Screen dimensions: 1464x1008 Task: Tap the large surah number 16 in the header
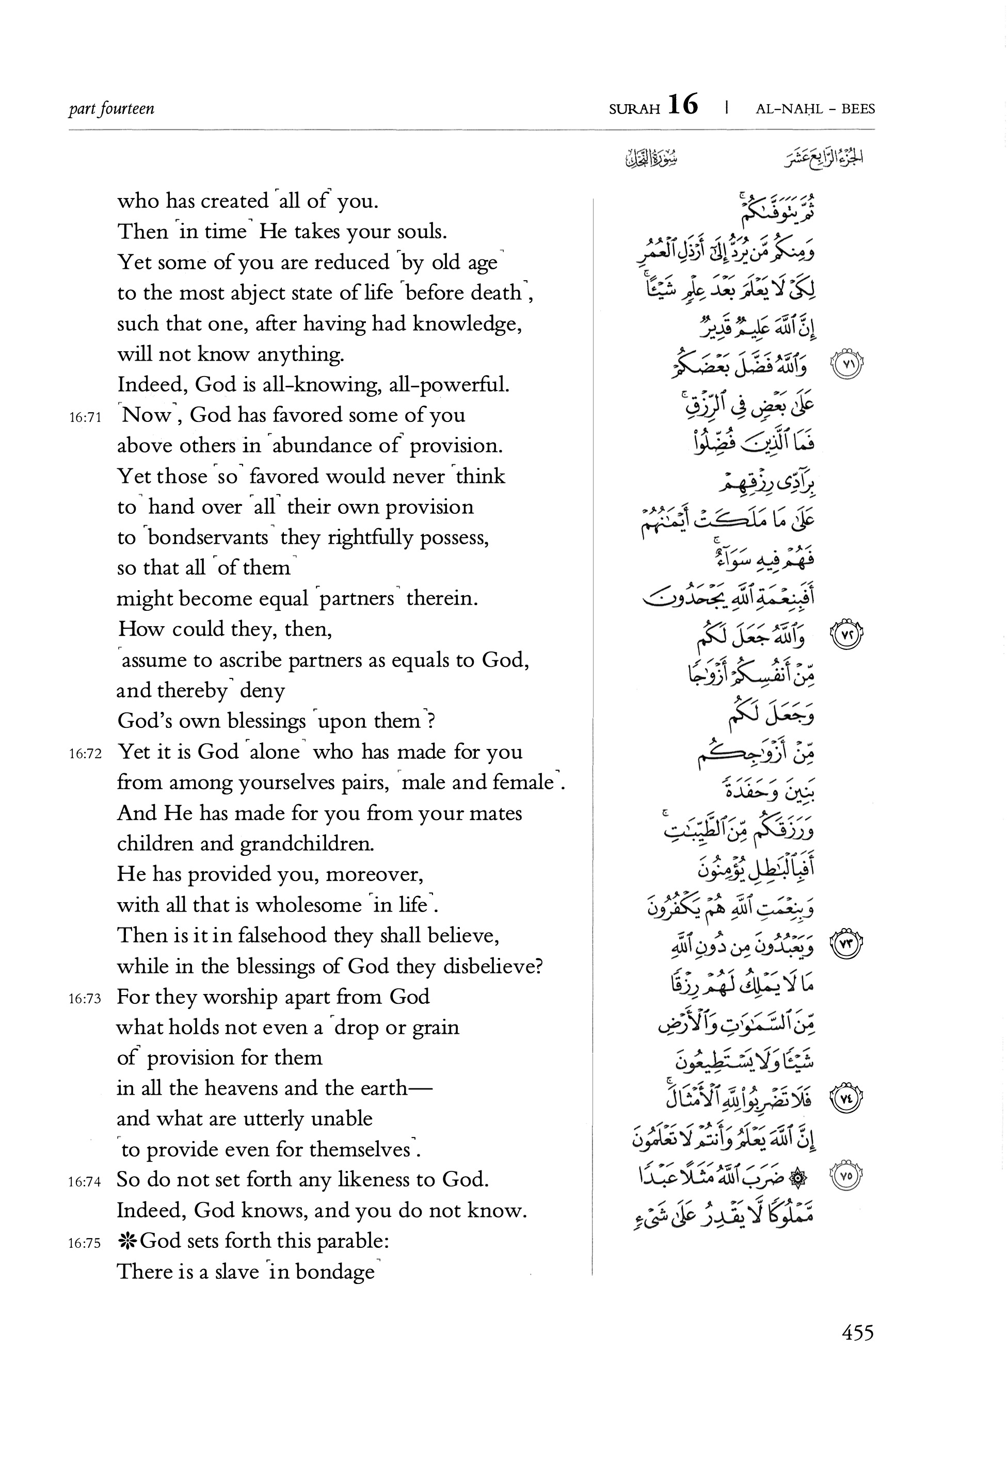tap(682, 105)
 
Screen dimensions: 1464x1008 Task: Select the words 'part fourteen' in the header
tap(111, 108)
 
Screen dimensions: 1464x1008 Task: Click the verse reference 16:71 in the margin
tap(85, 417)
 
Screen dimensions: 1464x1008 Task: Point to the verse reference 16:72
tap(85, 754)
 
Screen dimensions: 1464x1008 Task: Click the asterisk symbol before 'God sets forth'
tap(127, 1241)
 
